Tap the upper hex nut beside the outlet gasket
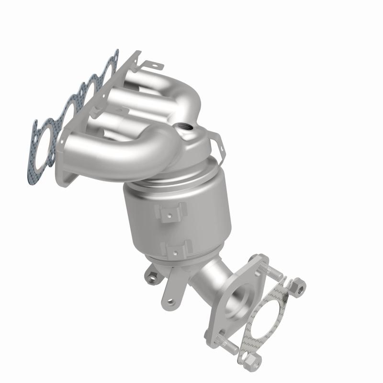[295, 285]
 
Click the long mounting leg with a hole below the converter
[170, 292]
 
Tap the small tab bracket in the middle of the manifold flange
[120, 113]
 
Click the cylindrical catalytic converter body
[191, 215]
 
